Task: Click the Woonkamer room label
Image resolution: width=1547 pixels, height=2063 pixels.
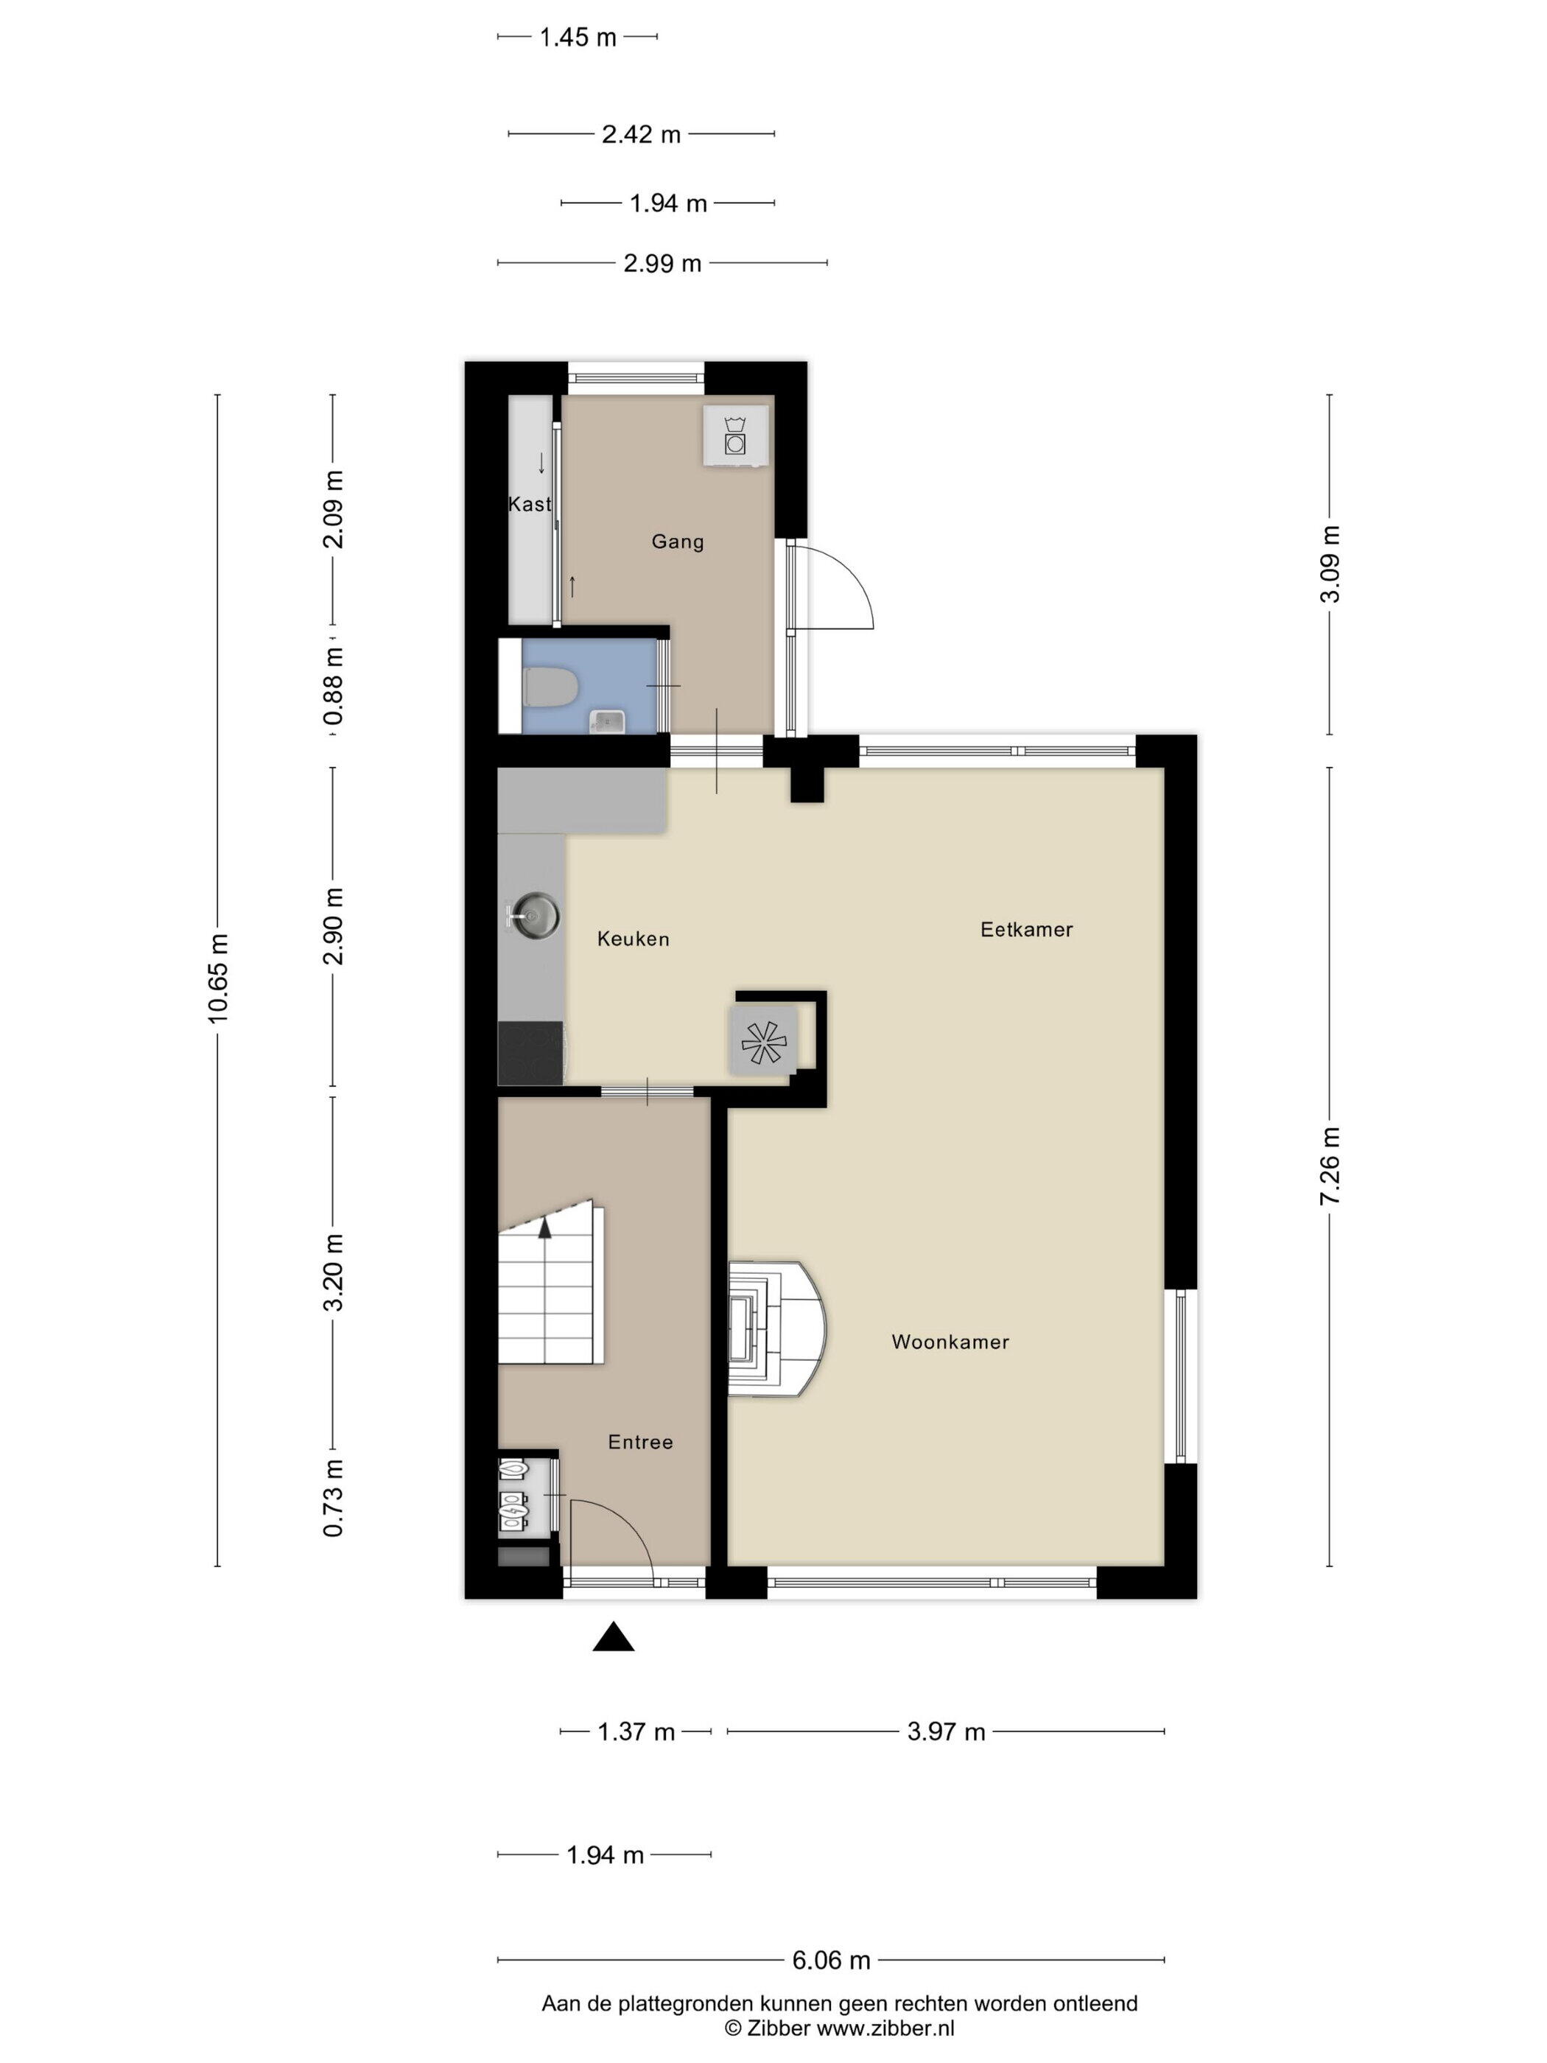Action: (x=950, y=1342)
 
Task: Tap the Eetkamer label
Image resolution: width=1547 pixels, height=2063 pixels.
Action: (x=1025, y=929)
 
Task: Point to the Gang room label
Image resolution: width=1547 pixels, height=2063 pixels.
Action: (x=677, y=542)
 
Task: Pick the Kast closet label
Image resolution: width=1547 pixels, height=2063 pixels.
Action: (x=530, y=504)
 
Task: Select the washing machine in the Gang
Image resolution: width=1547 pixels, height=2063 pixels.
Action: (x=737, y=435)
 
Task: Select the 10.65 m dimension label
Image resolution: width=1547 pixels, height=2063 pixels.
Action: (x=218, y=978)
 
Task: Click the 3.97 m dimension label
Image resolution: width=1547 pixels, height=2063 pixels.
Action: (x=946, y=1732)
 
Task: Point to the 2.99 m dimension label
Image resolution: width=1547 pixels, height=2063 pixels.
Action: (x=662, y=264)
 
